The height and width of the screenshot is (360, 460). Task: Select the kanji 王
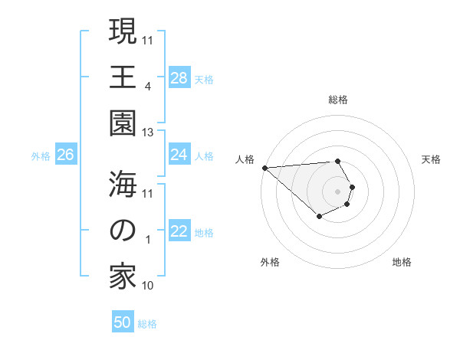coord(123,78)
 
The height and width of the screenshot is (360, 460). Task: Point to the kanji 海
coord(123,184)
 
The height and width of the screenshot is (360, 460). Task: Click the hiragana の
coord(123,231)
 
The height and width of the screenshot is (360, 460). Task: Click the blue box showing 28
coord(179,78)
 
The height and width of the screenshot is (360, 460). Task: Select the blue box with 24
coord(179,155)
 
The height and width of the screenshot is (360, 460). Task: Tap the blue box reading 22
coord(179,232)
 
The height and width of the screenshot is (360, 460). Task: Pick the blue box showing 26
coord(65,155)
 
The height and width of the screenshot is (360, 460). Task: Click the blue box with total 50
coord(123,322)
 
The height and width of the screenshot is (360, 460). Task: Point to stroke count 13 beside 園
coord(149,133)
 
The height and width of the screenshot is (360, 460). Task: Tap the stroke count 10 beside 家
coord(149,286)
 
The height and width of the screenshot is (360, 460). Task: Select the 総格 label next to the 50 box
coord(147,324)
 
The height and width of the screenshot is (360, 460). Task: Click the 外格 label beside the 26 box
coord(41,156)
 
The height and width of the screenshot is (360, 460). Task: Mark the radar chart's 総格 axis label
coord(338,100)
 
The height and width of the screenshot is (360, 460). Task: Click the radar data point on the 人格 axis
coord(264,168)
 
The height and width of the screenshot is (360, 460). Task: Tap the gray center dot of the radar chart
coord(338,191)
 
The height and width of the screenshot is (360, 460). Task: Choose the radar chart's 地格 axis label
coord(402,262)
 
